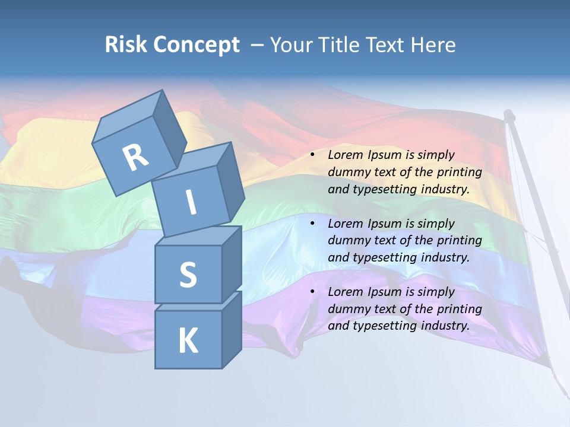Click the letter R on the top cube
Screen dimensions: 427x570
(x=135, y=157)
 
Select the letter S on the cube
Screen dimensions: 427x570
(x=188, y=275)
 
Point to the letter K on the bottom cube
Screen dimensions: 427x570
(x=188, y=341)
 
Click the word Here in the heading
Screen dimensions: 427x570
(x=433, y=45)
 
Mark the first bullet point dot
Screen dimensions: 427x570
(x=312, y=155)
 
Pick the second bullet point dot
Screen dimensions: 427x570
(x=312, y=224)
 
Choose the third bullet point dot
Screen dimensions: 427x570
(x=312, y=292)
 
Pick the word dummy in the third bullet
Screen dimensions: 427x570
(x=349, y=309)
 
